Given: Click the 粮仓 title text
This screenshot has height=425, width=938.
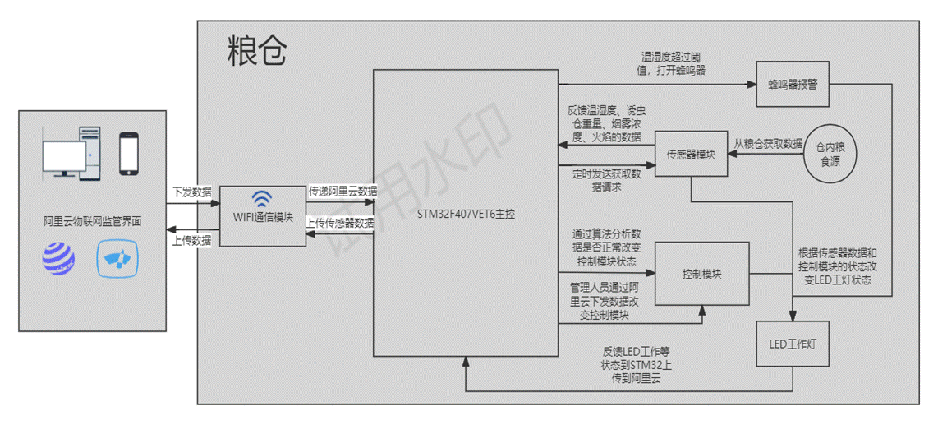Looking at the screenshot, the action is pos(258,51).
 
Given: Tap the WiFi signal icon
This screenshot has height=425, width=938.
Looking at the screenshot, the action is pos(262,200).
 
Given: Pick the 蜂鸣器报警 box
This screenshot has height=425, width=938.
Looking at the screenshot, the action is pos(793,84).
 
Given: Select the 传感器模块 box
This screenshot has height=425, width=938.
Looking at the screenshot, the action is pos(691,154).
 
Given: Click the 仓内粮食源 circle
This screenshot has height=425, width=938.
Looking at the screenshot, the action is pos(830,153).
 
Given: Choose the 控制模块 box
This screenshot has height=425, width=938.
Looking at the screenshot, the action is pos(702,274).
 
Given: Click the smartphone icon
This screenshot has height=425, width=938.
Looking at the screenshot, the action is pos(128,154).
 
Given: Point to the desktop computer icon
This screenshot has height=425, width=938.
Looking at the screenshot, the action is pos(72,153).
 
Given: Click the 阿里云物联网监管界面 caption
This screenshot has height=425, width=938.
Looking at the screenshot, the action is pos(92,222).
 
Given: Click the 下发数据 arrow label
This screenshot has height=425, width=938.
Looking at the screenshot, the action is pos(191,192).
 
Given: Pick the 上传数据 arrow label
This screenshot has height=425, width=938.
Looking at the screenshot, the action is pos(191,240).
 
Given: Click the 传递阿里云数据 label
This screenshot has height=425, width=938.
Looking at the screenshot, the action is pos(343,191).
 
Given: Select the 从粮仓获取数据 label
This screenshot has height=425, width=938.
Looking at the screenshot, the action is pos(768,143).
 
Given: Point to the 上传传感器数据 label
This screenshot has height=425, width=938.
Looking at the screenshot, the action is pos(340,222).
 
